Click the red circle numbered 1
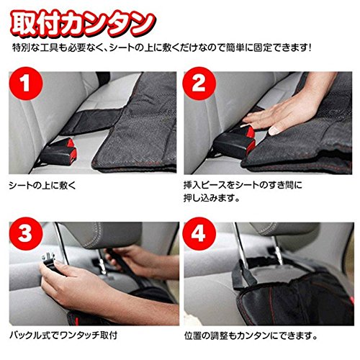tap(26, 84)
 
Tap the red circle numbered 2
tap(199, 84)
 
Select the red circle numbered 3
tap(26, 233)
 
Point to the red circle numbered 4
tap(199, 233)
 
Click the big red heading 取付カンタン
tap(83, 24)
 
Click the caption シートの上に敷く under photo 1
tap(42, 186)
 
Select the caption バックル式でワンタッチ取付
tap(63, 335)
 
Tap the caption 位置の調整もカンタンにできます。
tap(251, 336)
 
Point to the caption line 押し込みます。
tap(212, 198)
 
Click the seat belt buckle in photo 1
tap(59, 152)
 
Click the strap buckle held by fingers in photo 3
tap(49, 261)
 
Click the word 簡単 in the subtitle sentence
tap(235, 48)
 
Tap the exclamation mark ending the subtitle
tap(310, 48)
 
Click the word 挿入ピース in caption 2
tap(205, 186)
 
